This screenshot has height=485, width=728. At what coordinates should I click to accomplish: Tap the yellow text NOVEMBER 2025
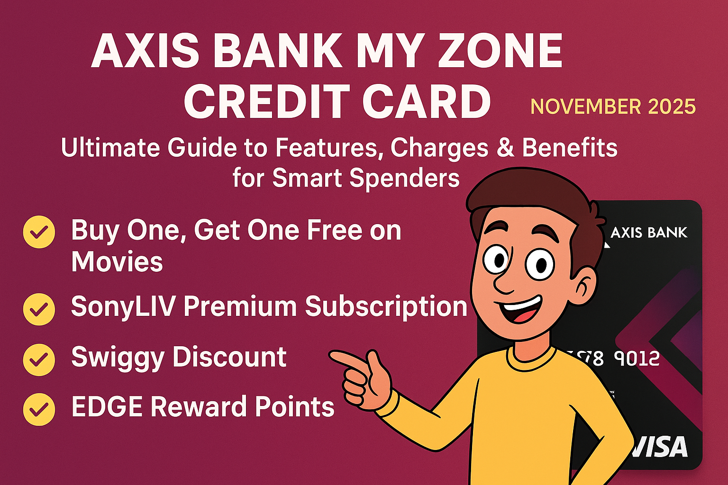(613, 107)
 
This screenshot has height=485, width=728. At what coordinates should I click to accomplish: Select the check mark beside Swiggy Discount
(39, 359)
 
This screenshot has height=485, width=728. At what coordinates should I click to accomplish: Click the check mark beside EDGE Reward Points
(39, 409)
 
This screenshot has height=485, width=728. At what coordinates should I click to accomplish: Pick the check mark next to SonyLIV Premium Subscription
(39, 309)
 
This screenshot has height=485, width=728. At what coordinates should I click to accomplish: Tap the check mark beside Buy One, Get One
(39, 232)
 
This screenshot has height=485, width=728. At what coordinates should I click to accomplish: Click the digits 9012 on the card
(637, 359)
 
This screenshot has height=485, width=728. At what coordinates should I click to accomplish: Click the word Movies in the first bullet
(117, 262)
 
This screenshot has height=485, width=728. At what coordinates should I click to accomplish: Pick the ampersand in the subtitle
(505, 148)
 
